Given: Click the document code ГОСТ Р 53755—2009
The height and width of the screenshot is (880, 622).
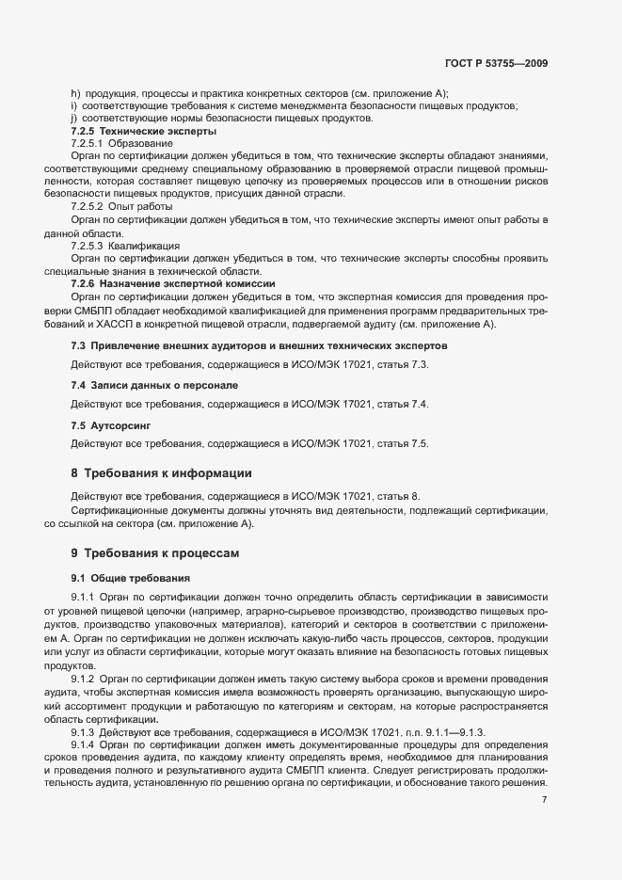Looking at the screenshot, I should (496, 63).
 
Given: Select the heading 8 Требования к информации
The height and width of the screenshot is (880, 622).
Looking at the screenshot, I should (161, 472).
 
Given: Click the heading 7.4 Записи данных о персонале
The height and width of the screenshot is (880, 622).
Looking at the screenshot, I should (141, 386).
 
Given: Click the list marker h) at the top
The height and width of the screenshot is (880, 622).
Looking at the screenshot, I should (75, 92).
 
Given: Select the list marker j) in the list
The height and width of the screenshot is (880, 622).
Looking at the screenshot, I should (74, 118).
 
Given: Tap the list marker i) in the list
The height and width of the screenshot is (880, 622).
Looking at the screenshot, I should (74, 105).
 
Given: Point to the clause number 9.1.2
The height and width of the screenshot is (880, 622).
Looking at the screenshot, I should (87, 679).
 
